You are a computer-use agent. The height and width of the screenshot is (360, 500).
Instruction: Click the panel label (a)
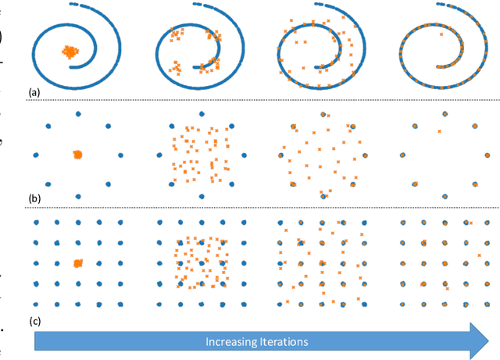[34, 92]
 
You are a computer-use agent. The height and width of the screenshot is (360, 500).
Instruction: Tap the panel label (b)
[34, 199]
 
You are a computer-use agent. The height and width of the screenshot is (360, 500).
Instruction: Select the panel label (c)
[34, 318]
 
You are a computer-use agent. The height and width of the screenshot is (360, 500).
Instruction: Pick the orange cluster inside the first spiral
[71, 52]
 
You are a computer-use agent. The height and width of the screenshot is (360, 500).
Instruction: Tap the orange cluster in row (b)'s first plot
[77, 155]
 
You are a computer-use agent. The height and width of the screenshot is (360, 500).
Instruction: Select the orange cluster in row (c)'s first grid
[77, 263]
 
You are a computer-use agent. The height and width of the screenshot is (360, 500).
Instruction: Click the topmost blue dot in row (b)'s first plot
[77, 115]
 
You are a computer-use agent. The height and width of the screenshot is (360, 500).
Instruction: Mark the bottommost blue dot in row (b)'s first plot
[77, 195]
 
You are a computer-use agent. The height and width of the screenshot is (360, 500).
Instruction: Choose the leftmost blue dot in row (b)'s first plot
[36, 155]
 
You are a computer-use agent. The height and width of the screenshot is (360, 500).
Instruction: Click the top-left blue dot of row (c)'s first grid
[36, 223]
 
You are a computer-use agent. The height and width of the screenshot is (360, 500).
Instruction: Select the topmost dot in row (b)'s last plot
[443, 115]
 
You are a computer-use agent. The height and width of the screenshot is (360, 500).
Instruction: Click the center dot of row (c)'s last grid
[444, 263]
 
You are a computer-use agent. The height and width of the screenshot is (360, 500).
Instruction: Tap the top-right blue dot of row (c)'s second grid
[243, 223]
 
